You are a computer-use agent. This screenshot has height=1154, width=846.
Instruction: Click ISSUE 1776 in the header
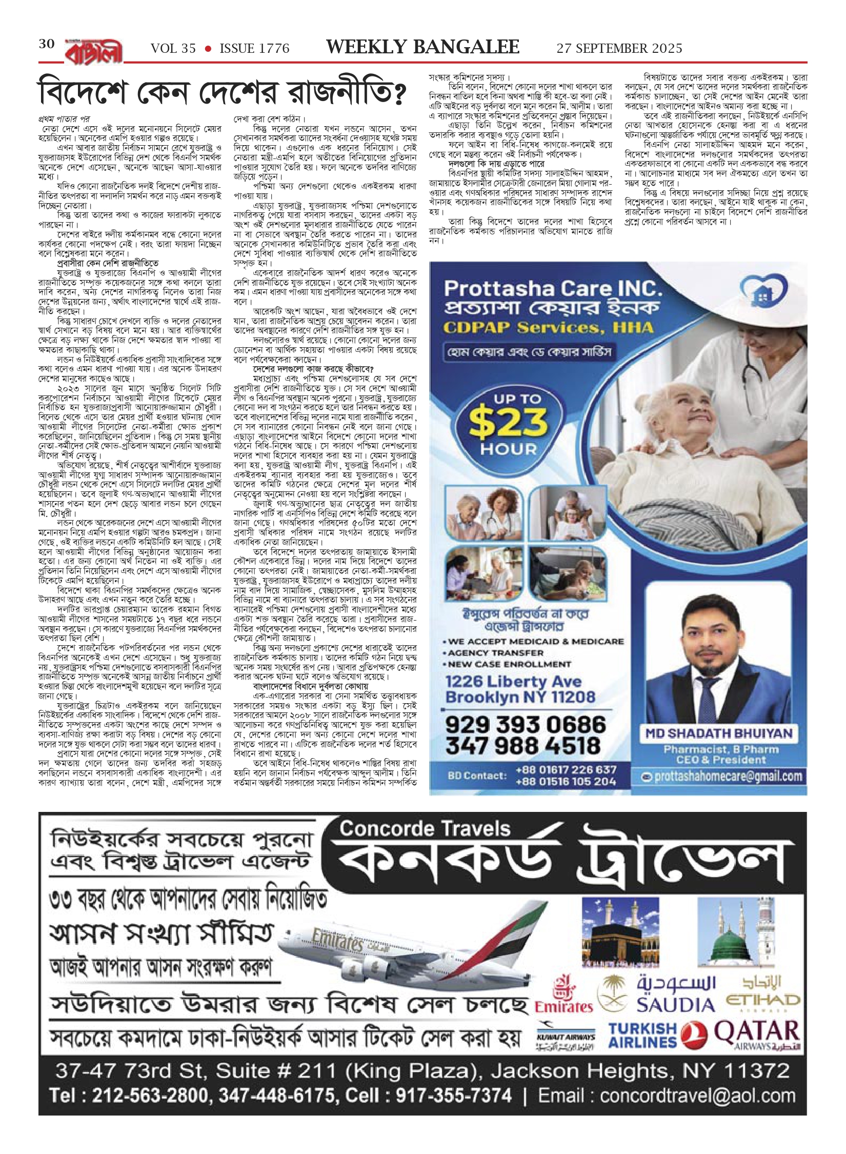click(x=254, y=49)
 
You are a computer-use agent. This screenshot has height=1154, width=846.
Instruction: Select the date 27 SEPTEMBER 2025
click(x=619, y=49)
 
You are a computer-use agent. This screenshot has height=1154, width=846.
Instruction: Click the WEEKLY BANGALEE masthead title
click(x=423, y=47)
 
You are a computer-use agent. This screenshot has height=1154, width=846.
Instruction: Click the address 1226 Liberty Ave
click(x=513, y=682)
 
